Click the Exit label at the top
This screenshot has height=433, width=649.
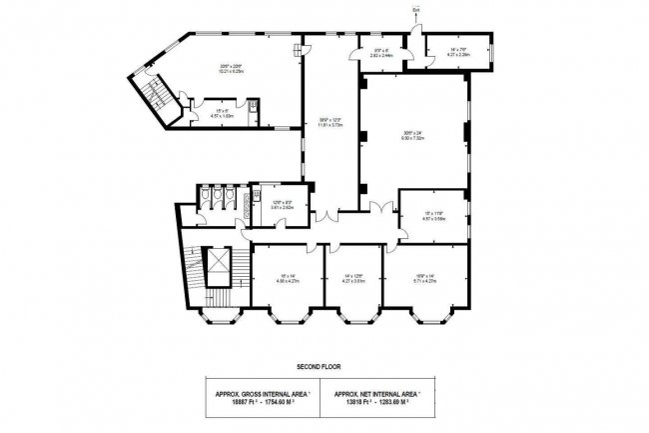pyautogui.click(x=414, y=10)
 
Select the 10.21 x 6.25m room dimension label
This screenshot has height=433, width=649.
pyautogui.click(x=232, y=71)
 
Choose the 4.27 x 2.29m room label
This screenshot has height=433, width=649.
pyautogui.click(x=459, y=53)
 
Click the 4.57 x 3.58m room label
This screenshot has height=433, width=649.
pyautogui.click(x=433, y=218)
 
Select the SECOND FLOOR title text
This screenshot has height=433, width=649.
pyautogui.click(x=324, y=367)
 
